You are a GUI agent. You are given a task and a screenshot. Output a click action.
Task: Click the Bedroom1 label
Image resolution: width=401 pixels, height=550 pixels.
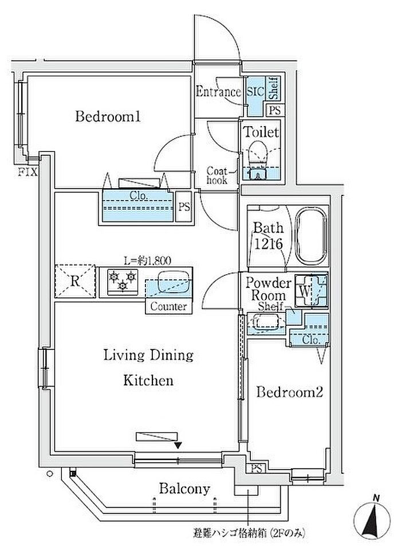(108, 116)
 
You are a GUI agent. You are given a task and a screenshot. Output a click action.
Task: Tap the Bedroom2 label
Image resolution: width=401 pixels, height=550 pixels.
(289, 392)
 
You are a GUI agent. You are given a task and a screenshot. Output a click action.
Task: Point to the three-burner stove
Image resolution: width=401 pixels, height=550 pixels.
(122, 280)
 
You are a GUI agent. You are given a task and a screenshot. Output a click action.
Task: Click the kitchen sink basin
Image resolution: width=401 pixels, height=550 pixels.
(174, 281)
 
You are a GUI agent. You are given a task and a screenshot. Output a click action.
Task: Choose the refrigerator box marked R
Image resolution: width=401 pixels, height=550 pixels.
(75, 281)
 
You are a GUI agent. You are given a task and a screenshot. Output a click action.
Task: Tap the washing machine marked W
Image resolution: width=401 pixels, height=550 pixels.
(311, 290)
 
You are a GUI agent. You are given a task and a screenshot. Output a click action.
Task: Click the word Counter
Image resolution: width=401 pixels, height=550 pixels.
(168, 307)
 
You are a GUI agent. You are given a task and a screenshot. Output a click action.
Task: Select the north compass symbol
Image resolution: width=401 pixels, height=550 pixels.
(372, 519)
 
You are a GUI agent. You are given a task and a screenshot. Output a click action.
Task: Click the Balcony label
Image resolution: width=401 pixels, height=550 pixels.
(184, 488)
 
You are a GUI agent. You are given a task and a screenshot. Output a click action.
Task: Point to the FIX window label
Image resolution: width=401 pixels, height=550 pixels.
(28, 173)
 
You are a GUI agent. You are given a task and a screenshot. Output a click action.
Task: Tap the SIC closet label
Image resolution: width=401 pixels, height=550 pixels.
(255, 92)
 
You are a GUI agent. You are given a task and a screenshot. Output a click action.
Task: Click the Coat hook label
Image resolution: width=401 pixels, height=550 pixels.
(217, 175)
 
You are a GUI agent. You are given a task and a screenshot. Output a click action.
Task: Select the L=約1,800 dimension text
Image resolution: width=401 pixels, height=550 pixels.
(148, 260)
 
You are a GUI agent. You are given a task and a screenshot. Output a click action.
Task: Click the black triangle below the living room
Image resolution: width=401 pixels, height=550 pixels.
(178, 446)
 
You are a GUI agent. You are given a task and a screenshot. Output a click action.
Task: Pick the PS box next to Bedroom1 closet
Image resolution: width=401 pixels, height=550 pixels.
(184, 206)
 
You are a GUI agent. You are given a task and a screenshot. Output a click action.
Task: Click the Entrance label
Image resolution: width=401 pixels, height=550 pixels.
(218, 92)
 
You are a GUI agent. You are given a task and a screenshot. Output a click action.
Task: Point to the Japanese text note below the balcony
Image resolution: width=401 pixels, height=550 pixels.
(249, 533)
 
